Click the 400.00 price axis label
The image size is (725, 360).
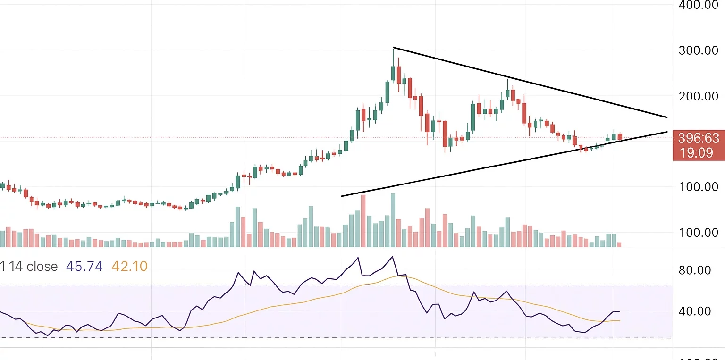(698, 5)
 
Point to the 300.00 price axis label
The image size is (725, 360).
(698, 50)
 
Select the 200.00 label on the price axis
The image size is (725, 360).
(698, 96)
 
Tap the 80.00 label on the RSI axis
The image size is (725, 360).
(694, 270)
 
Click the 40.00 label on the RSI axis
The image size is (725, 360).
(694, 311)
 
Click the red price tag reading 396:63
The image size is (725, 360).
(699, 138)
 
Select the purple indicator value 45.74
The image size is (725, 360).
(84, 267)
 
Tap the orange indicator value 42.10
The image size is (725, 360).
(129, 267)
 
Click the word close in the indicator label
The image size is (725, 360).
(42, 267)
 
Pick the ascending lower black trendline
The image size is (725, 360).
(472, 170)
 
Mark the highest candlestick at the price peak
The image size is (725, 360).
(393, 71)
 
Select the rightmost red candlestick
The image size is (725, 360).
(620, 137)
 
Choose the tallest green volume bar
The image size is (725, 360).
(393, 220)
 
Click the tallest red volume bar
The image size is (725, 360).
(363, 221)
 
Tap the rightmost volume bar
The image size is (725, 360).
(619, 244)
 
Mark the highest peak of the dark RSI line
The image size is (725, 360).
(392, 257)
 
